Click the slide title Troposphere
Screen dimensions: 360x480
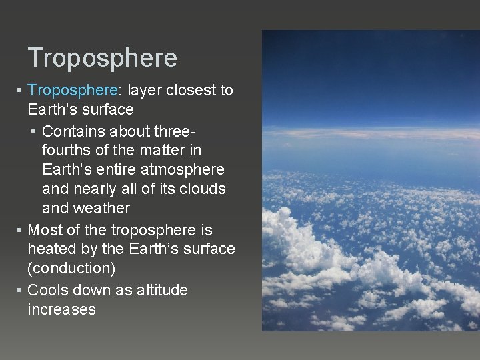tap(103, 58)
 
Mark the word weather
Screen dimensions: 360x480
tap(86, 208)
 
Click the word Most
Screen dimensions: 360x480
tap(45, 231)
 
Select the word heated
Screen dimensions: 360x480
tap(51, 249)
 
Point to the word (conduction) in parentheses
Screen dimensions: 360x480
tap(71, 269)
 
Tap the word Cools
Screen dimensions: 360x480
tap(48, 291)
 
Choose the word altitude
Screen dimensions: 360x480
tap(161, 291)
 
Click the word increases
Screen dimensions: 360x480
tap(61, 310)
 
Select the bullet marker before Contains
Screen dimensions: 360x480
tap(33, 131)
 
